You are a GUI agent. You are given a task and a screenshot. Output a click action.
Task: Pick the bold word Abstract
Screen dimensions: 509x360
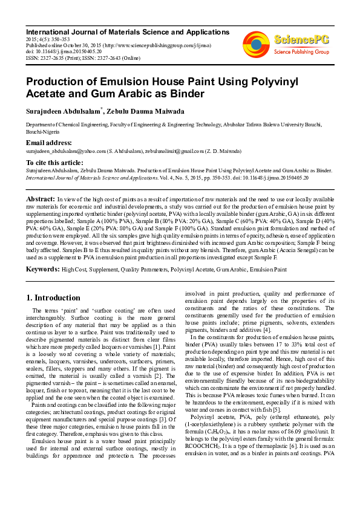tap(41, 198)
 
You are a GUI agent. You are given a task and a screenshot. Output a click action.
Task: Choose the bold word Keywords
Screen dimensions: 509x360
tap(42, 268)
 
